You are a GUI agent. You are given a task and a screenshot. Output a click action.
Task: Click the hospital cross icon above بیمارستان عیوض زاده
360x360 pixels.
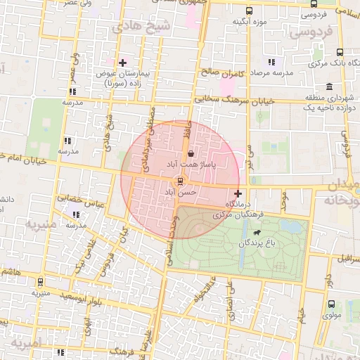coord(122,63)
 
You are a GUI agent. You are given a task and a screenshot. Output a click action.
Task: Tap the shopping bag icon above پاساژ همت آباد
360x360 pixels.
coord(191,153)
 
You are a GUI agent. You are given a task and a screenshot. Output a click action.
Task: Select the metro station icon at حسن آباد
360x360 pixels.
coord(181,181)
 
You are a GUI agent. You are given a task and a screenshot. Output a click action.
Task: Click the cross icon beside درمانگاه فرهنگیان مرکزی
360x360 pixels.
coord(238,193)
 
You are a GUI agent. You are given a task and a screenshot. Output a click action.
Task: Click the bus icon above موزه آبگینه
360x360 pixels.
coord(250,11)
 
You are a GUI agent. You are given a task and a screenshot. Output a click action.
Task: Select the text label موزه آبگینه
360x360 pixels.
coord(250,22)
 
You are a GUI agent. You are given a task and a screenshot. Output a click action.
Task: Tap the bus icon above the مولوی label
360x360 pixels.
coord(331,304)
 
